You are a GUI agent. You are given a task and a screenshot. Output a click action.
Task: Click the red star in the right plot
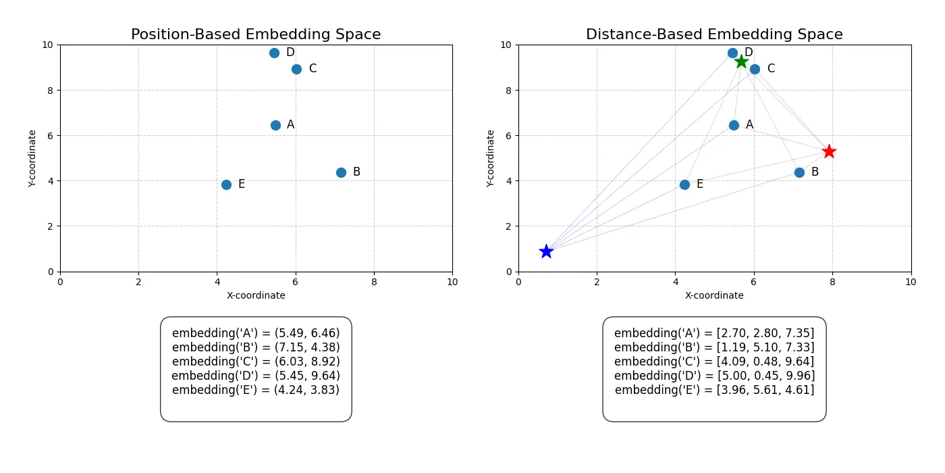pos(829,151)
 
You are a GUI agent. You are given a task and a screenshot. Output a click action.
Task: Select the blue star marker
pos(546,251)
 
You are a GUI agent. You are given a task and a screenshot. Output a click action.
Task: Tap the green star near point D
pos(741,61)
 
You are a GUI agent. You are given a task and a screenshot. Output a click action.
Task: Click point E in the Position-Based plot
pos(226,184)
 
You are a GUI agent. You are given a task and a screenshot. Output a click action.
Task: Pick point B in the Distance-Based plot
pos(799,172)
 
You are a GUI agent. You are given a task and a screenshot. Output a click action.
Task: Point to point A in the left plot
pos(275,125)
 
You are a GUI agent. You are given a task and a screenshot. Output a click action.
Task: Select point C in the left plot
pos(296,69)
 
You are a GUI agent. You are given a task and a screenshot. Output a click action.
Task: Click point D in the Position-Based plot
pos(274,53)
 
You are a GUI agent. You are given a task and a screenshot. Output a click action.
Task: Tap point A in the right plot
pos(734,125)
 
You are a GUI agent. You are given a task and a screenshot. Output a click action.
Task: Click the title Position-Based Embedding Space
pos(256,34)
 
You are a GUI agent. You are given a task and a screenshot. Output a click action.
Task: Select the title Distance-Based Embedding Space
pos(714,34)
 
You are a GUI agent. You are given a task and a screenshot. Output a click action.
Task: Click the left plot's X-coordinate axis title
pos(256,295)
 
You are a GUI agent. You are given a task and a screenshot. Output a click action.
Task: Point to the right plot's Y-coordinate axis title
pos(491,158)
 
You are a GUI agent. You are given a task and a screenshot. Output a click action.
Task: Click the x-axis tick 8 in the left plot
pos(374,281)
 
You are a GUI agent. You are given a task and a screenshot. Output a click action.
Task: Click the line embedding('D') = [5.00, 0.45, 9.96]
pos(714,376)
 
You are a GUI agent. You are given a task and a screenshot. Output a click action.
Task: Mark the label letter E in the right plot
pos(700,184)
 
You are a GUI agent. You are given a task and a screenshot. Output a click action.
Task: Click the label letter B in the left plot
pos(356,172)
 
